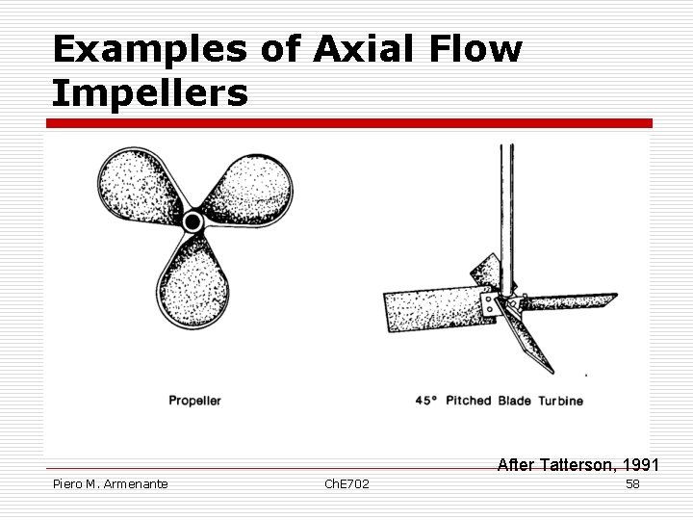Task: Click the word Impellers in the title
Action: [x=150, y=93]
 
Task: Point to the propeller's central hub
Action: [x=192, y=222]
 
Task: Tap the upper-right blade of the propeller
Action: [x=251, y=188]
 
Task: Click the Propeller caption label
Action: [x=195, y=401]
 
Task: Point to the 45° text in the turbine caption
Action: [x=426, y=401]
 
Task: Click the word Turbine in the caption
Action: [x=560, y=401]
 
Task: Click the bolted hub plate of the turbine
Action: [x=492, y=307]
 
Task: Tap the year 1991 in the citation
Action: [x=640, y=465]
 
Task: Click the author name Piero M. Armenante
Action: [x=111, y=483]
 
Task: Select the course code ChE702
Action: [x=346, y=483]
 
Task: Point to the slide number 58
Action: [x=632, y=483]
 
